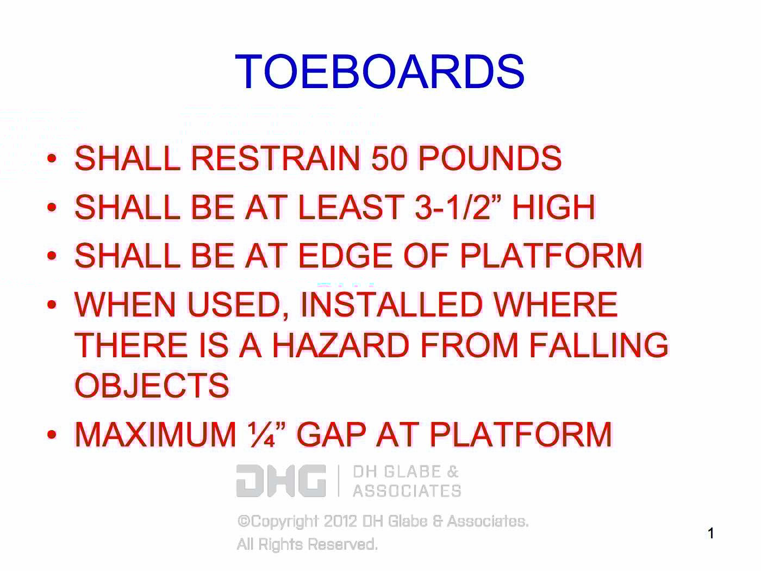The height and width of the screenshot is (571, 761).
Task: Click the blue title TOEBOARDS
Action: (x=379, y=72)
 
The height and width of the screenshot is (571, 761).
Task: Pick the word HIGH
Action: (x=553, y=207)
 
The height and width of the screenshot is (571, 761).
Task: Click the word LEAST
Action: (x=350, y=207)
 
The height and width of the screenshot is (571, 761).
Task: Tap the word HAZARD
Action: (x=340, y=345)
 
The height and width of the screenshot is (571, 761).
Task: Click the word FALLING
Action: (x=598, y=345)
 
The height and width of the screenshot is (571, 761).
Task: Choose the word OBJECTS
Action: (x=152, y=386)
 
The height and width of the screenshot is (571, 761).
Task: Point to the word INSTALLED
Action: (x=390, y=305)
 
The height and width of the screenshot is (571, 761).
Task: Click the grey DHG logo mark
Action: (x=281, y=481)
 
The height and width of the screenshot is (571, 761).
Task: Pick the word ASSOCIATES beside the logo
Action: (x=407, y=491)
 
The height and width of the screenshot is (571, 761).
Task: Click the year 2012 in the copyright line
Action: (x=340, y=521)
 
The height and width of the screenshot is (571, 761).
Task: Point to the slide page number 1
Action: (x=711, y=533)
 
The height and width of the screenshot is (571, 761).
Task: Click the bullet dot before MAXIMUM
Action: (x=52, y=435)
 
